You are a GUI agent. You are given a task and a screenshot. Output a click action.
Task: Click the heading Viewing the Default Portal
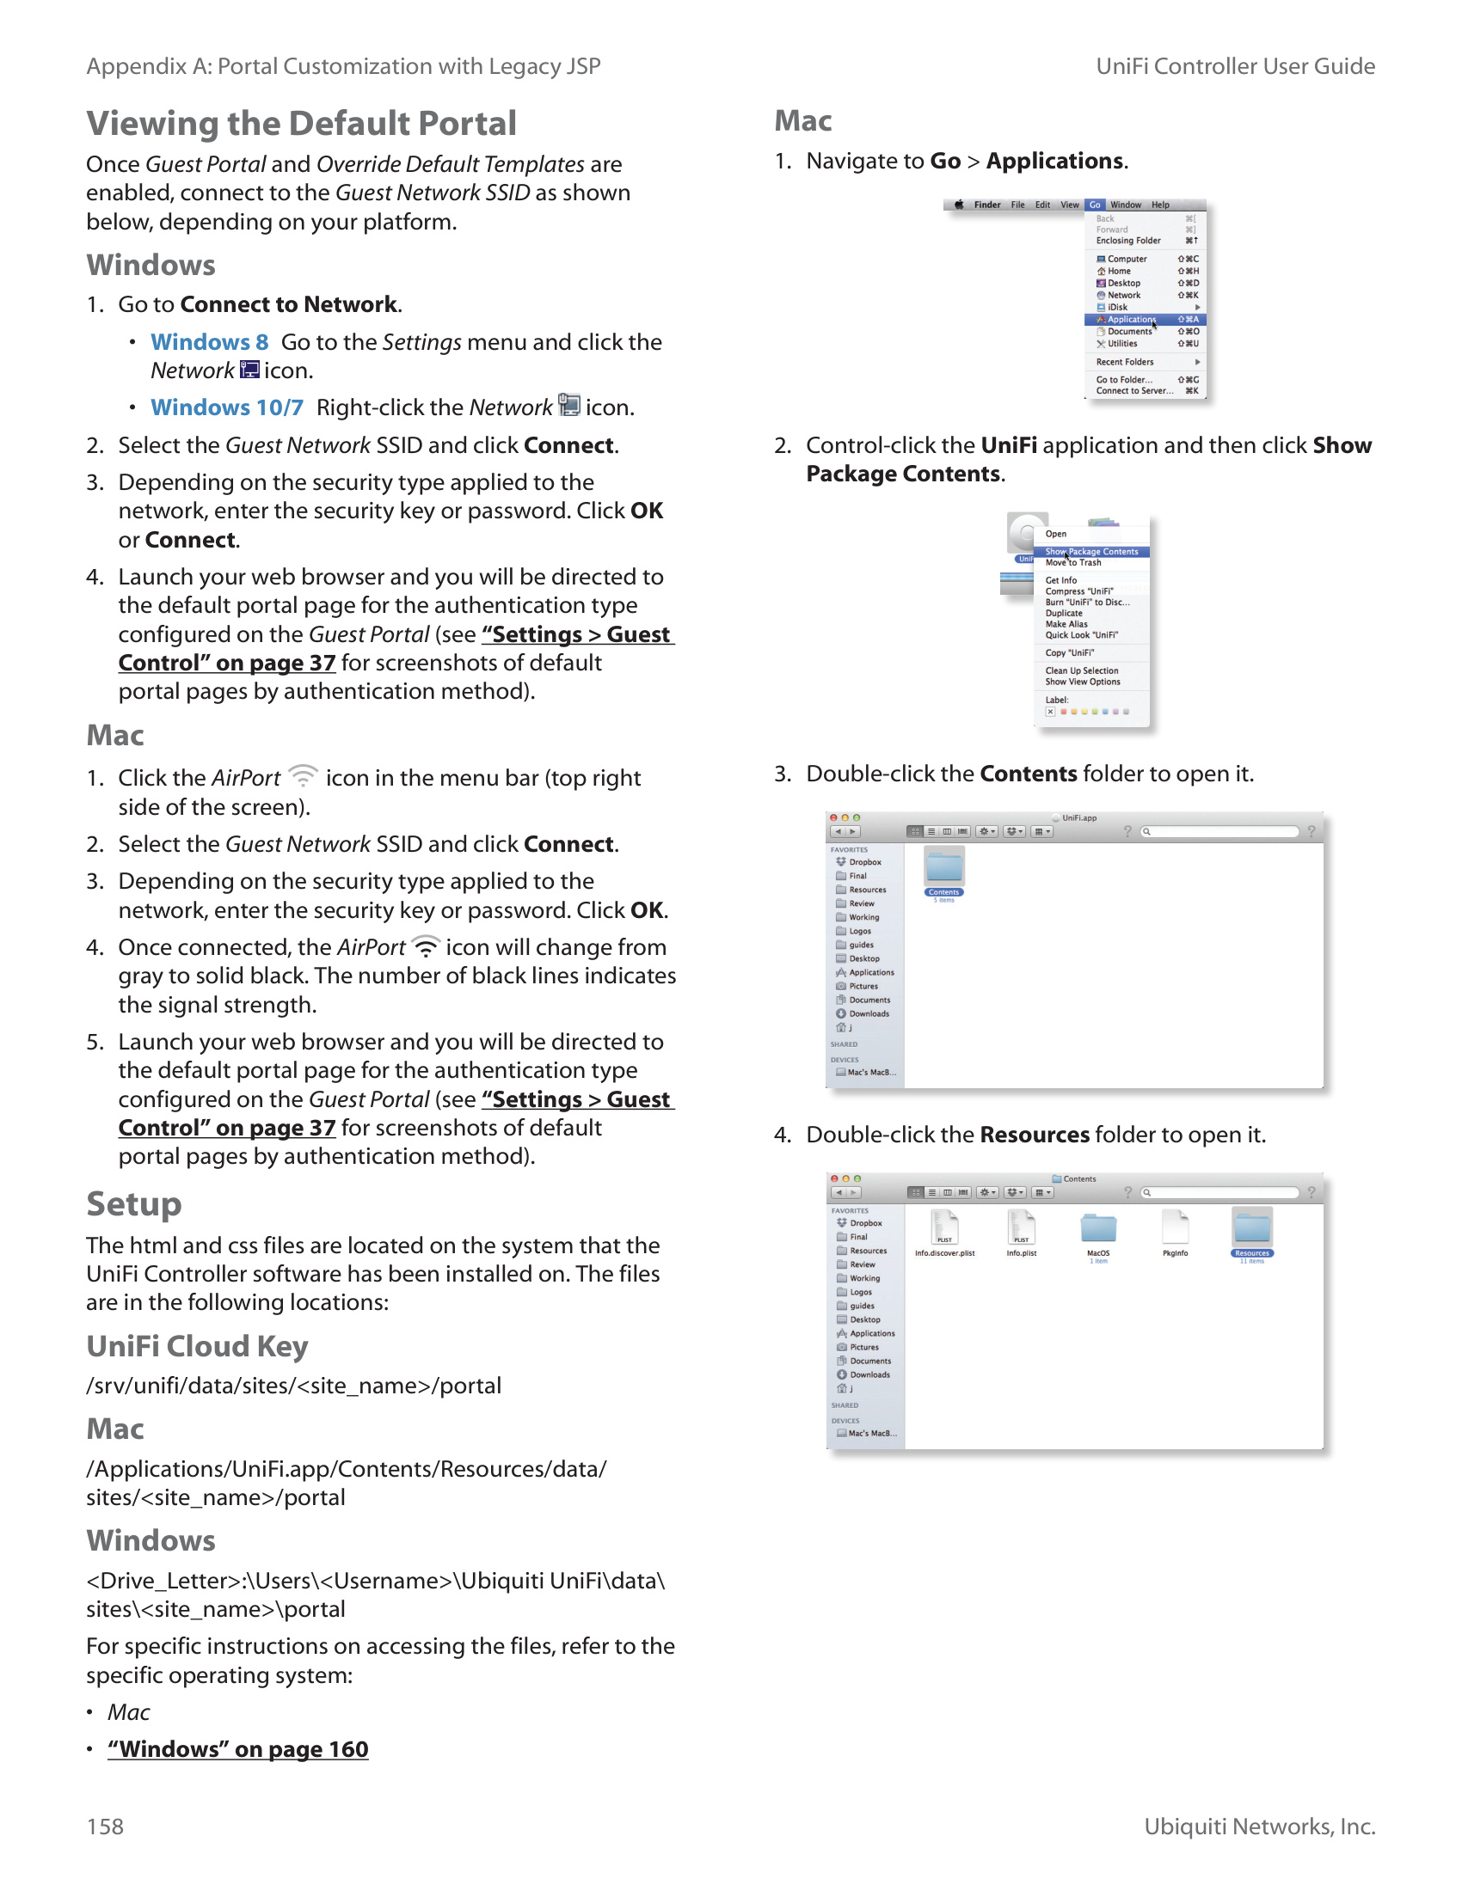(x=301, y=123)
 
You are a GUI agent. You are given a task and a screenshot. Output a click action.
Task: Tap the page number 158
(x=105, y=1826)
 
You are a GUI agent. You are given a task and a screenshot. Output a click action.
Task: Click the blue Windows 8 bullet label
(x=209, y=342)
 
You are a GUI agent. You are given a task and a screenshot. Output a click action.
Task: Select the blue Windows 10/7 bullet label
(x=227, y=407)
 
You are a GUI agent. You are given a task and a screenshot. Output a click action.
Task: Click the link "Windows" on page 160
(x=238, y=1749)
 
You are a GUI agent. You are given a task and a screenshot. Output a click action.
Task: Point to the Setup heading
(x=134, y=1204)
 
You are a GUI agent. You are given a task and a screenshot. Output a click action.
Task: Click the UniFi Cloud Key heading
(x=198, y=1346)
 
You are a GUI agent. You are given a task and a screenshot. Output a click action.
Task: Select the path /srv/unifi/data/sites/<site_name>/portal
(x=293, y=1386)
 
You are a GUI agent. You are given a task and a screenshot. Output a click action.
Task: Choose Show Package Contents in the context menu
(x=1091, y=552)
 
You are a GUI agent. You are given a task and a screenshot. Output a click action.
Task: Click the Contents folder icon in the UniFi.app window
(x=944, y=866)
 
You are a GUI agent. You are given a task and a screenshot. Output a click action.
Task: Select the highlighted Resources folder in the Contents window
(x=1252, y=1229)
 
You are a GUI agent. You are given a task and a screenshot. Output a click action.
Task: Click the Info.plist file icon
(x=1022, y=1227)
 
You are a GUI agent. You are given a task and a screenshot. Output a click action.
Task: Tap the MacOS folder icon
(x=1098, y=1227)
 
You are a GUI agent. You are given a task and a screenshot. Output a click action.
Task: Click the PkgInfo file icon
(x=1176, y=1227)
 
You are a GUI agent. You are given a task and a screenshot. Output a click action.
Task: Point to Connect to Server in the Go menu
(x=1134, y=391)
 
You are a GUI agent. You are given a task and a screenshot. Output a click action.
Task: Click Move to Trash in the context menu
(x=1073, y=563)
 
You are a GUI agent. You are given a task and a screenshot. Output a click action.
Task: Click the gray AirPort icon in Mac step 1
(x=303, y=776)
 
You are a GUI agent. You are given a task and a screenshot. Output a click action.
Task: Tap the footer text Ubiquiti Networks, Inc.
(x=1259, y=1826)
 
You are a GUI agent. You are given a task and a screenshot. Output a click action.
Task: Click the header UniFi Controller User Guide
(x=1235, y=66)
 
